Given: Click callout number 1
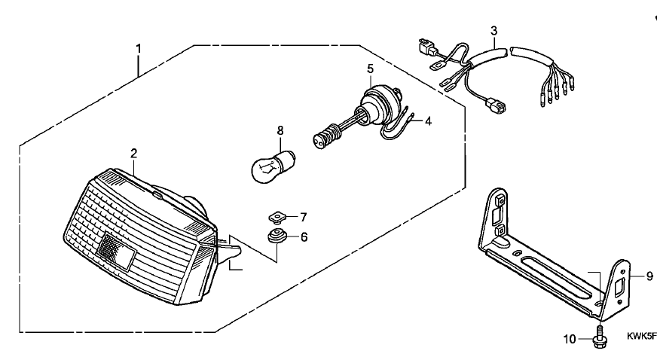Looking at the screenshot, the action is click(139, 50).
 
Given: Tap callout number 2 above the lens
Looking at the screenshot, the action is click(133, 153).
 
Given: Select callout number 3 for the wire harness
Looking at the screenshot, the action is click(494, 31).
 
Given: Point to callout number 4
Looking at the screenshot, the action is click(428, 121).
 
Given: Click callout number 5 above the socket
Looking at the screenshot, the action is click(370, 69).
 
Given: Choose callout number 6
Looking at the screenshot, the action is click(304, 237).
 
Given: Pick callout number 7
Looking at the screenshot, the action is click(304, 217).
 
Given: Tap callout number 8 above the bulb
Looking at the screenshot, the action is click(280, 130).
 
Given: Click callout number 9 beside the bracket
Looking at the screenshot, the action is click(649, 276).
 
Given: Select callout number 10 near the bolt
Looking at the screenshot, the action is click(570, 339).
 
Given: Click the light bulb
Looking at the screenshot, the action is click(273, 167).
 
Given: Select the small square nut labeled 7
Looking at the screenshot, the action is click(277, 218).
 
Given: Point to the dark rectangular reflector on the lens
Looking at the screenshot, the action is click(116, 251).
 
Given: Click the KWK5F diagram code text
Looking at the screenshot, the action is click(641, 336).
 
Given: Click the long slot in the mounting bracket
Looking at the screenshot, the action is click(561, 275).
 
